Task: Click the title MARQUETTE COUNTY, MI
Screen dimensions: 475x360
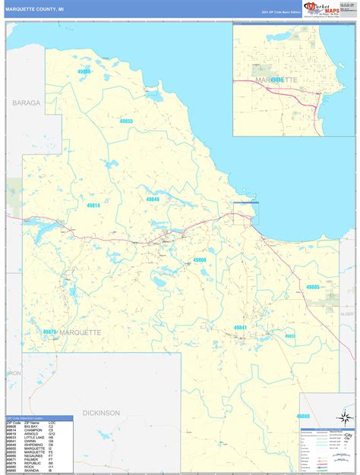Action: pyautogui.click(x=35, y=8)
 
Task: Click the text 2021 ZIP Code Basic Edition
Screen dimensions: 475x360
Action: pyautogui.click(x=280, y=13)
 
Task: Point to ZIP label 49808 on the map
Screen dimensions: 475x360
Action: pyautogui.click(x=84, y=71)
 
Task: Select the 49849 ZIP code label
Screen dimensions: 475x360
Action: pyautogui.click(x=153, y=199)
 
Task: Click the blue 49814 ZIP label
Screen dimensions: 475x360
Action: pyautogui.click(x=93, y=205)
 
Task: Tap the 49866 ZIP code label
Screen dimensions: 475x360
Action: pyautogui.click(x=200, y=260)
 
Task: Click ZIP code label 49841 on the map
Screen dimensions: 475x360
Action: pyautogui.click(x=240, y=327)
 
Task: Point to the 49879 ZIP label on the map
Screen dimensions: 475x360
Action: pyautogui.click(x=50, y=332)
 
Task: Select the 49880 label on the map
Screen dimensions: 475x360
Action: pyautogui.click(x=303, y=417)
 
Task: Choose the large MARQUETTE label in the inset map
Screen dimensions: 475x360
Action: pyautogui.click(x=276, y=80)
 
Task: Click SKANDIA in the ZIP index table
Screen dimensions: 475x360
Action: pyautogui.click(x=33, y=471)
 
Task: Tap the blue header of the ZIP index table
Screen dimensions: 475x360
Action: pyautogui.click(x=40, y=418)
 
